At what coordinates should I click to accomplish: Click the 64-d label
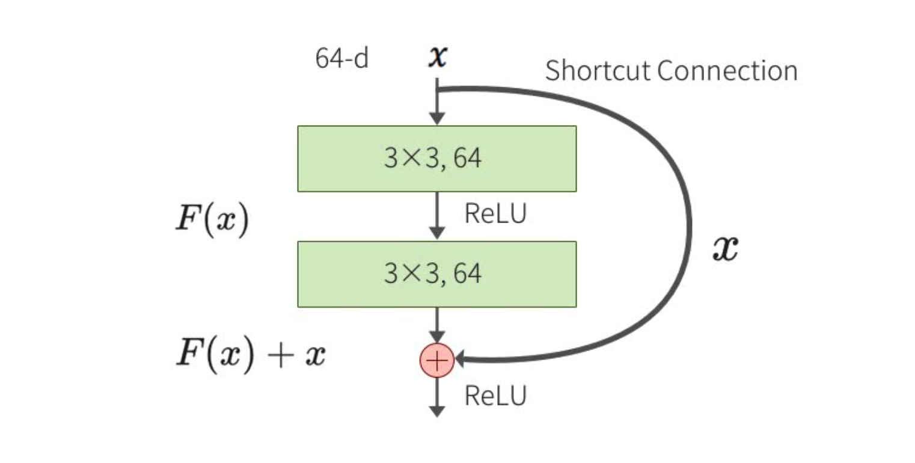(x=341, y=60)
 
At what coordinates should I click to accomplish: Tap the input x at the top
(x=437, y=57)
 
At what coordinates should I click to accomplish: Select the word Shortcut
(x=597, y=71)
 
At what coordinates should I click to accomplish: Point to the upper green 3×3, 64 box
(x=437, y=159)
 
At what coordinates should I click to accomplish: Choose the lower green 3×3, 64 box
(x=437, y=274)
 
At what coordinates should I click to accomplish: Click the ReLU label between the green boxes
(x=495, y=215)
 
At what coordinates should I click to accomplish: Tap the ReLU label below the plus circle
(x=495, y=396)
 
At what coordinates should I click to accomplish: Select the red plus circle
(x=436, y=361)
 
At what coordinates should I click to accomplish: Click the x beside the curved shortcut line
(x=726, y=247)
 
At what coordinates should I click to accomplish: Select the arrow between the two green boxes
(x=438, y=216)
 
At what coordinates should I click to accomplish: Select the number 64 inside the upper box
(x=467, y=159)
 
